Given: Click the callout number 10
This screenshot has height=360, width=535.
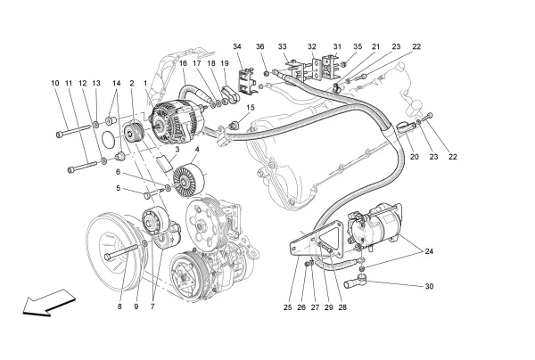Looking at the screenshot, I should point(55,83).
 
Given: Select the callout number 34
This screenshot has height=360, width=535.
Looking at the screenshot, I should point(237,45).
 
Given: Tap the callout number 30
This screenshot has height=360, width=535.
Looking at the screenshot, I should point(429,286).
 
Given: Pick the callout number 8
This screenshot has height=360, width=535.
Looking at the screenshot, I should point(119,307).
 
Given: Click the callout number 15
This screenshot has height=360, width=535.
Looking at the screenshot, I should point(251,108).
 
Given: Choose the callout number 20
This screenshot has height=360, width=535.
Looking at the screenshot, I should point(414,157).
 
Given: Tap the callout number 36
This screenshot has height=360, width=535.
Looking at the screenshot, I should point(260,45).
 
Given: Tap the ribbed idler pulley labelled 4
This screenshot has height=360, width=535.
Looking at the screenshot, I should point(185,184).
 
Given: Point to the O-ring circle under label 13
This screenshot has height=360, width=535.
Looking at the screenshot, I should point(106,139).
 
